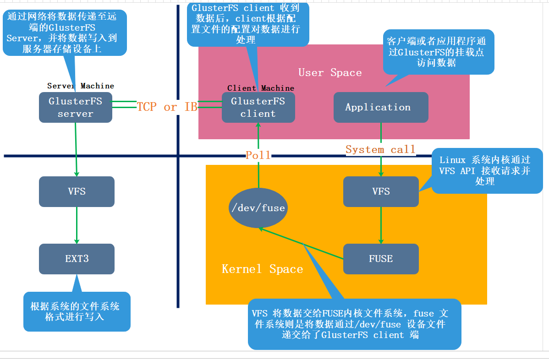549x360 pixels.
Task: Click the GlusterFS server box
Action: click(x=76, y=108)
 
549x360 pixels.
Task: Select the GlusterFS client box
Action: click(x=258, y=108)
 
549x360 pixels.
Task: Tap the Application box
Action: click(x=381, y=108)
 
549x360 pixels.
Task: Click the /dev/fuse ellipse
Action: click(x=258, y=208)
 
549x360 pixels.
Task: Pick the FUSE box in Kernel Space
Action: click(x=381, y=259)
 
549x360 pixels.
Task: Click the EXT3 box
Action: click(x=77, y=259)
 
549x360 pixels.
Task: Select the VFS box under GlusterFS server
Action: click(x=77, y=191)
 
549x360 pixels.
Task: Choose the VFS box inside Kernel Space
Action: click(x=381, y=191)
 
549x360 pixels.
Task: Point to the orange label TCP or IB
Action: click(x=167, y=107)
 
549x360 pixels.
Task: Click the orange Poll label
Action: click(x=258, y=155)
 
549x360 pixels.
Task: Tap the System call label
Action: click(x=381, y=150)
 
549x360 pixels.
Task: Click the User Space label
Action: click(x=330, y=72)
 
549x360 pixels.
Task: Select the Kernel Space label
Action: click(x=262, y=269)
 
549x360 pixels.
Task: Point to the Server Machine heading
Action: click(x=81, y=86)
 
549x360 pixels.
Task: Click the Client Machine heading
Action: click(x=260, y=88)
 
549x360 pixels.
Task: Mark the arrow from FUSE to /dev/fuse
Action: click(x=301, y=244)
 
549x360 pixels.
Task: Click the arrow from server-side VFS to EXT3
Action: click(x=77, y=225)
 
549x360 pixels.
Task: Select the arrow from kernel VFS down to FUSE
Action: click(x=381, y=225)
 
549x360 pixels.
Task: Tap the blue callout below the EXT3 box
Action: click(x=77, y=311)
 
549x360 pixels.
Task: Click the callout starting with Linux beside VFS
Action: click(x=487, y=171)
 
